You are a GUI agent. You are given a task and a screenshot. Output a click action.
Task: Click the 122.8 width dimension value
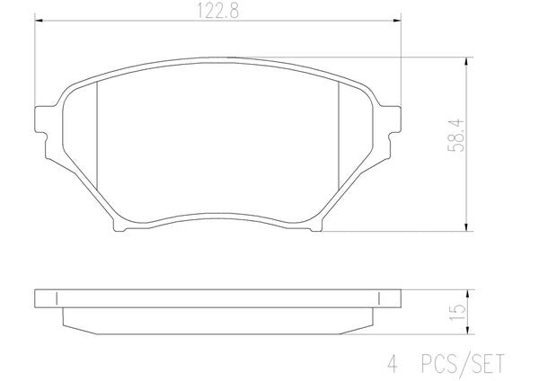pos(217,11)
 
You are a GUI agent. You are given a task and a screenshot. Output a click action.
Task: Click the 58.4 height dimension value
pos(456,136)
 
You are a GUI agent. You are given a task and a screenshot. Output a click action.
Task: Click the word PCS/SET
pos(463,363)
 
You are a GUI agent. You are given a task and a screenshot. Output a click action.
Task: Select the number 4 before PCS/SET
pos(393,364)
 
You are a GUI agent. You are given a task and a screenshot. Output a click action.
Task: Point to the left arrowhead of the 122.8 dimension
pos(39,21)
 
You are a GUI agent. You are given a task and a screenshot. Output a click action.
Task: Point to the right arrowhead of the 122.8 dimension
pos(397,21)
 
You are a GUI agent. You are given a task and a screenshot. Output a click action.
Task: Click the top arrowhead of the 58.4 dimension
pos(466,61)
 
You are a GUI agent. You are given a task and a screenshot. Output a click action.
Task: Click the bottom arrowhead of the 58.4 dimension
pos(466,227)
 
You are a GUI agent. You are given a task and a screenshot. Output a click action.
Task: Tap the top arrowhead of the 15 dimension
pos(467,293)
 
